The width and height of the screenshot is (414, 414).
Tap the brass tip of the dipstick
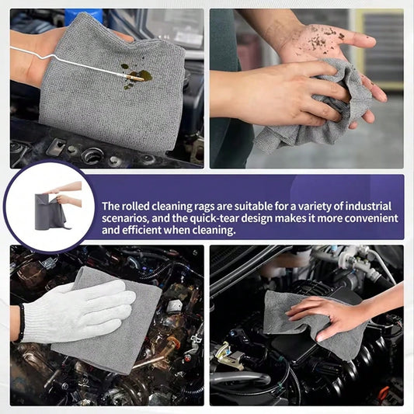(134, 78)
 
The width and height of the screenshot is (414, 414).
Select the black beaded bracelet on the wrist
(21, 322)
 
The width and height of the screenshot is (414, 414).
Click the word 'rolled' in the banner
(135, 206)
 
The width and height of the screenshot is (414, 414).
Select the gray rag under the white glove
(111, 322)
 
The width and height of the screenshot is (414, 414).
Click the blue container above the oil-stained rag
(83, 16)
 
